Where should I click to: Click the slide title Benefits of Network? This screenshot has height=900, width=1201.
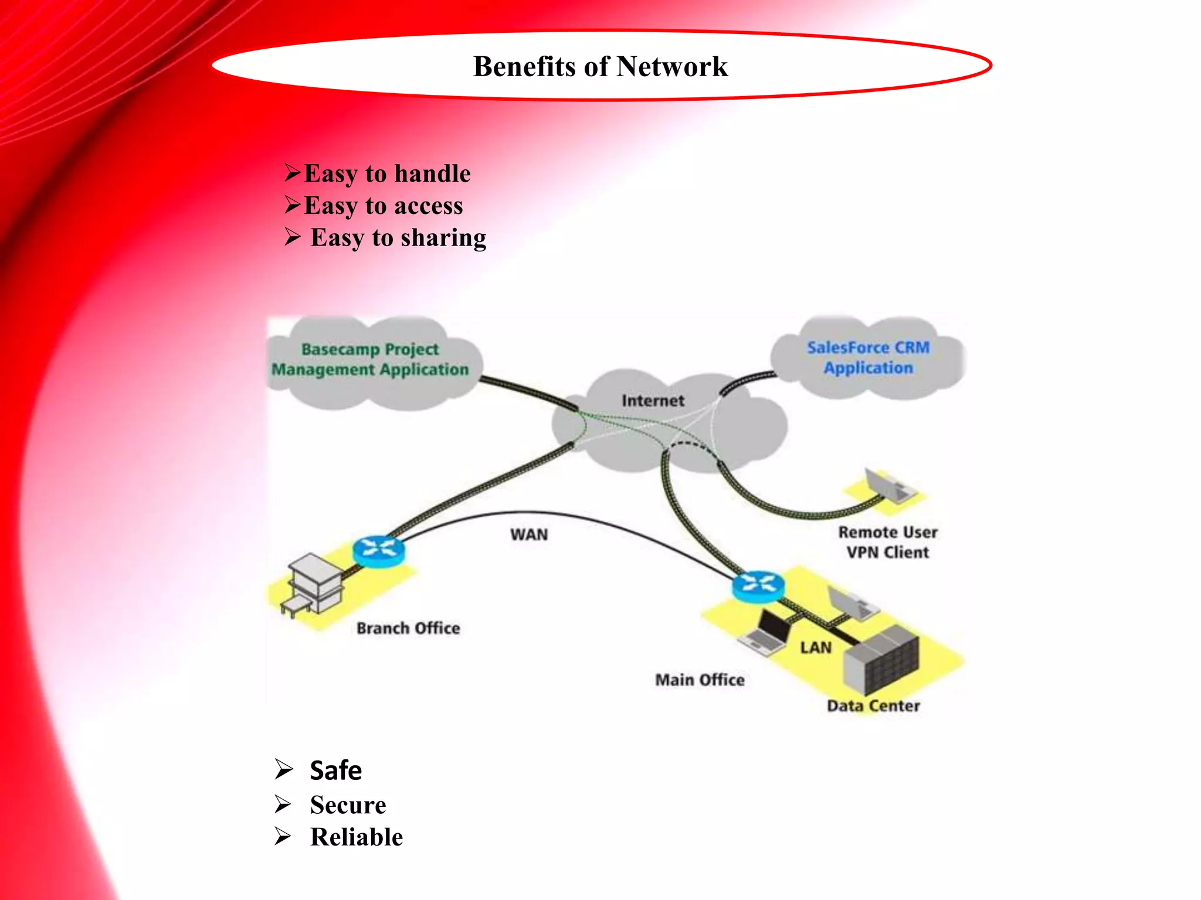pos(600,66)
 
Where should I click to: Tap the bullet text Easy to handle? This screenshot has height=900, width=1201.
pos(387,173)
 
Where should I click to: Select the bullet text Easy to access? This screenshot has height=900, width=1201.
pos(383,206)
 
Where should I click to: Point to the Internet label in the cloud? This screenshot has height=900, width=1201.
pos(653,401)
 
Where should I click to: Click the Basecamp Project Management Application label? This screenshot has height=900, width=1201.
pos(370,359)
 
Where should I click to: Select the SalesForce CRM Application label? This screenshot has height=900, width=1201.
pos(868,357)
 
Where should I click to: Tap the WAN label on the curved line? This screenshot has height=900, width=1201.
pos(529,534)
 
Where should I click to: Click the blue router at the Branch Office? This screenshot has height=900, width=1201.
pos(379,551)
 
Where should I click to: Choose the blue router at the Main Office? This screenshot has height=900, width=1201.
pos(758,585)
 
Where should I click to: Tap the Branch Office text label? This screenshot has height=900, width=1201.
pos(408,628)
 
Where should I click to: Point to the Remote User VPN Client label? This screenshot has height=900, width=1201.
pos(887,542)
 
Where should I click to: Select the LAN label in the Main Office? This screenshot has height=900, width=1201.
pos(816,647)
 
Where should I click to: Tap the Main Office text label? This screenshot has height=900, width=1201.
pos(700,680)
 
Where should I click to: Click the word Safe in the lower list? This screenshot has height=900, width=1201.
pos(335,771)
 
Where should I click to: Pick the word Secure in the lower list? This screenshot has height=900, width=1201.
pos(348,805)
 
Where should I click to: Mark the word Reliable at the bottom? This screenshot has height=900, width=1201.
pos(357,837)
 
